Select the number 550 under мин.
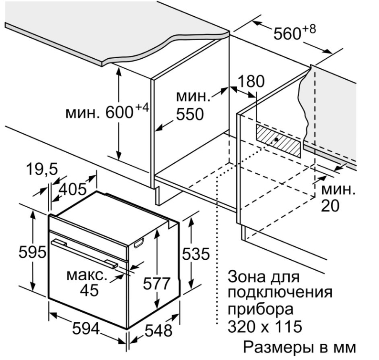tap(189, 115)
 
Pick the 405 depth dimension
tap(72, 189)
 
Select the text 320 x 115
tap(265, 327)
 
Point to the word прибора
tap(261, 309)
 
